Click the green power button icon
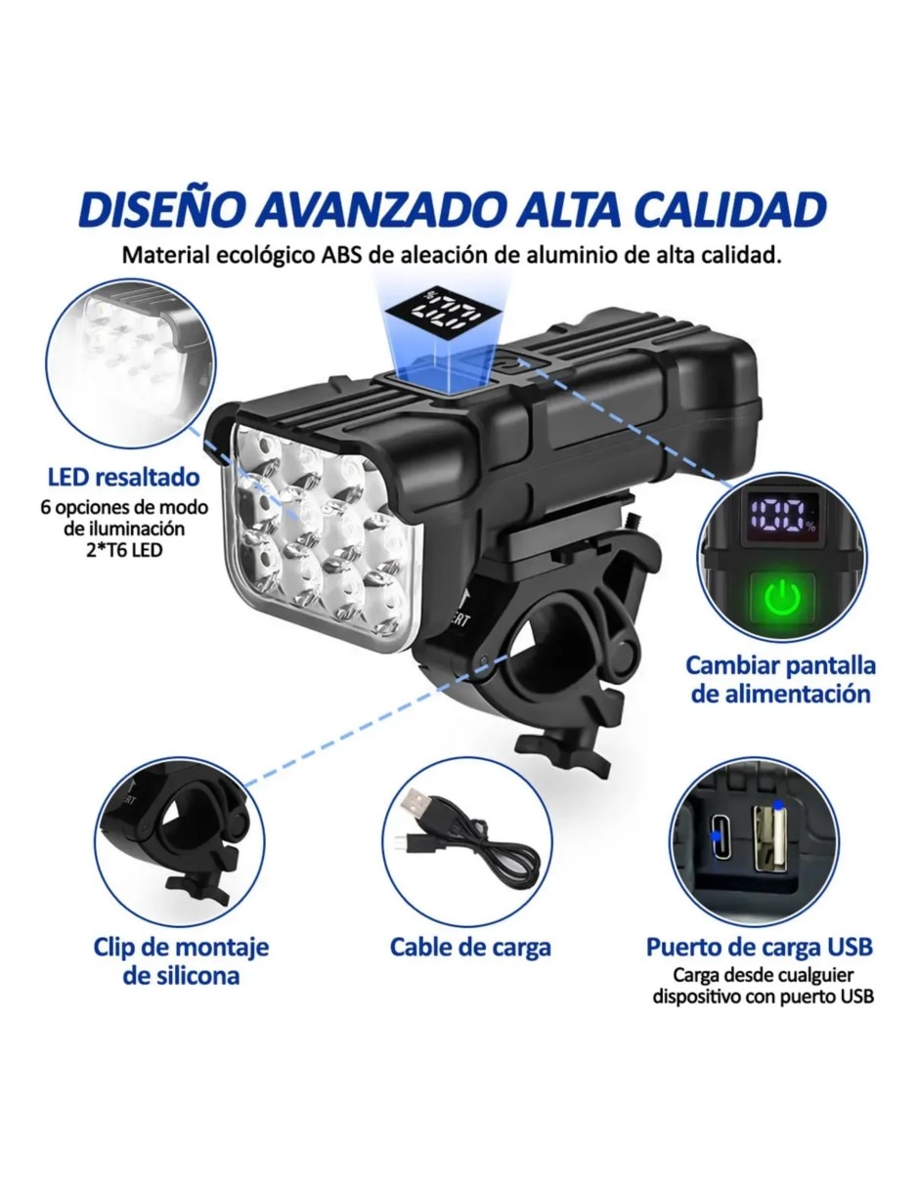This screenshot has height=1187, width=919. click(x=782, y=599)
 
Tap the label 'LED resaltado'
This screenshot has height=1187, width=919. click(x=124, y=478)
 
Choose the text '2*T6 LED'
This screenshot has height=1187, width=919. click(x=124, y=549)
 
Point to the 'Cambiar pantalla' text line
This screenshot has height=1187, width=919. click(x=781, y=666)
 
